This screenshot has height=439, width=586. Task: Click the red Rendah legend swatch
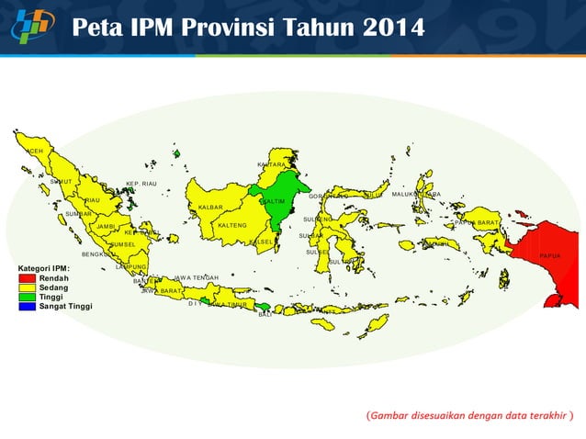tap(28, 277)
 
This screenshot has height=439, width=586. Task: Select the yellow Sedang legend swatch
tap(28, 287)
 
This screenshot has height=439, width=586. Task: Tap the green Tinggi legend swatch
tap(28, 297)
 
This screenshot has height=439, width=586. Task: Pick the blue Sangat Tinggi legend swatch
tap(28, 306)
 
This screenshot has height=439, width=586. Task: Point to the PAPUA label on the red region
tap(550, 255)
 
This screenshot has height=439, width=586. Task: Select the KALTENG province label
tap(231, 225)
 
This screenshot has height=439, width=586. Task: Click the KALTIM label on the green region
tap(273, 201)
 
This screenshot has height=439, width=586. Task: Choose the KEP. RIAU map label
tap(141, 184)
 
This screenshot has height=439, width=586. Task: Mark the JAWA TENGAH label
tap(196, 277)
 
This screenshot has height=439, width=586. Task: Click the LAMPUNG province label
tap(132, 267)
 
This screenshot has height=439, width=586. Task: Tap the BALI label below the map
tap(265, 314)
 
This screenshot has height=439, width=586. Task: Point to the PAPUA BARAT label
tap(476, 223)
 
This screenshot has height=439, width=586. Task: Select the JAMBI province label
tap(106, 226)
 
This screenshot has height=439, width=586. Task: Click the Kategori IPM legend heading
tap(44, 267)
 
